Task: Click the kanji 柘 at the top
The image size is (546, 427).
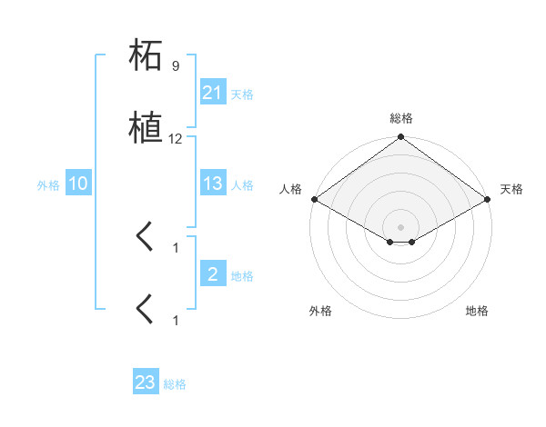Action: click(x=146, y=56)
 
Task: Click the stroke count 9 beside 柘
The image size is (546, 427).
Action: click(x=176, y=66)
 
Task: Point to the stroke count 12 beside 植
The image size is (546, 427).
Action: click(x=176, y=139)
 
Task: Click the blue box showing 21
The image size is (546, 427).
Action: click(x=213, y=93)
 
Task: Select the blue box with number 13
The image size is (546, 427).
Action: click(x=213, y=184)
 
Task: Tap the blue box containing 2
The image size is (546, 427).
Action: click(x=213, y=273)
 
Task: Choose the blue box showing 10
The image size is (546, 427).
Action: click(x=78, y=184)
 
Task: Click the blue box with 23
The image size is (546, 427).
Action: click(x=146, y=382)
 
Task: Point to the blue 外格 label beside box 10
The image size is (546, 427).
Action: click(x=48, y=185)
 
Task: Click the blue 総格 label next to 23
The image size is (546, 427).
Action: click(x=175, y=384)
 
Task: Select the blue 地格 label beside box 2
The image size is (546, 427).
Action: click(x=242, y=275)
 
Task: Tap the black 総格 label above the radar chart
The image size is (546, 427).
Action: click(x=400, y=118)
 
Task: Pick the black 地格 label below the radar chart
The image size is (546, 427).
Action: click(x=477, y=312)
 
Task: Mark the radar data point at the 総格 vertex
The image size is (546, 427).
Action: click(x=400, y=138)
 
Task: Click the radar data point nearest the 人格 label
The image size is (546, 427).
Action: click(x=313, y=199)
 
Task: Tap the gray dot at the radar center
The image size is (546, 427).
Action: click(x=400, y=227)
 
